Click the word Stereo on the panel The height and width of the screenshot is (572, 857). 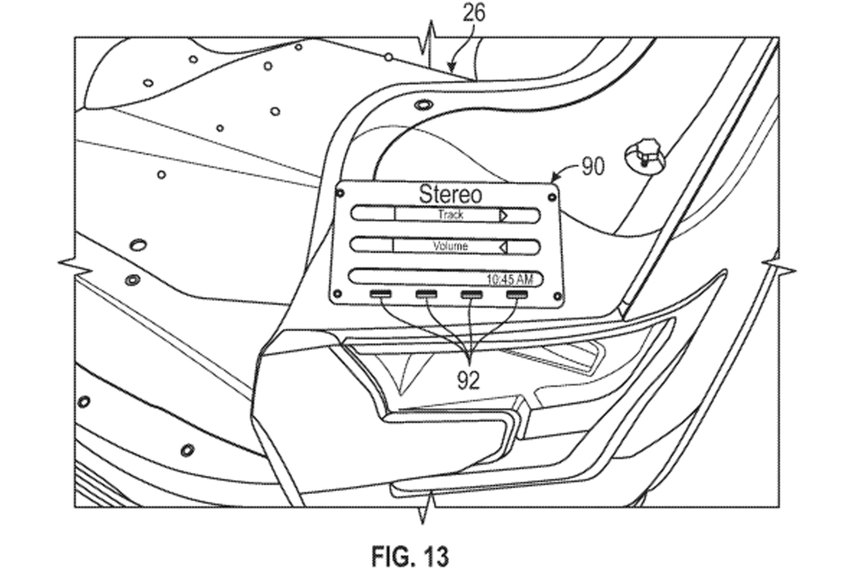[450, 194]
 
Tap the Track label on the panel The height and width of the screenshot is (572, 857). [451, 215]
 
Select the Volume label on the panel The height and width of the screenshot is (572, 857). [450, 246]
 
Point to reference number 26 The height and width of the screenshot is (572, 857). [474, 13]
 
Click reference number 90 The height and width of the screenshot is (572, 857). [593, 166]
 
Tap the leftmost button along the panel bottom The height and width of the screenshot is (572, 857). [380, 294]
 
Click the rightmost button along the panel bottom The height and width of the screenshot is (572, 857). [517, 294]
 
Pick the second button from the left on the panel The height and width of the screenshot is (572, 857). [426, 294]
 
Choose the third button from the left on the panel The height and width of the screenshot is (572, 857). [472, 294]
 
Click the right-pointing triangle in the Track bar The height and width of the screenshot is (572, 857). [503, 216]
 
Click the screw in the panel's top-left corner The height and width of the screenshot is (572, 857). [341, 193]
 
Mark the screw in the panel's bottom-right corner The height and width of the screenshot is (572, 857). [557, 297]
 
